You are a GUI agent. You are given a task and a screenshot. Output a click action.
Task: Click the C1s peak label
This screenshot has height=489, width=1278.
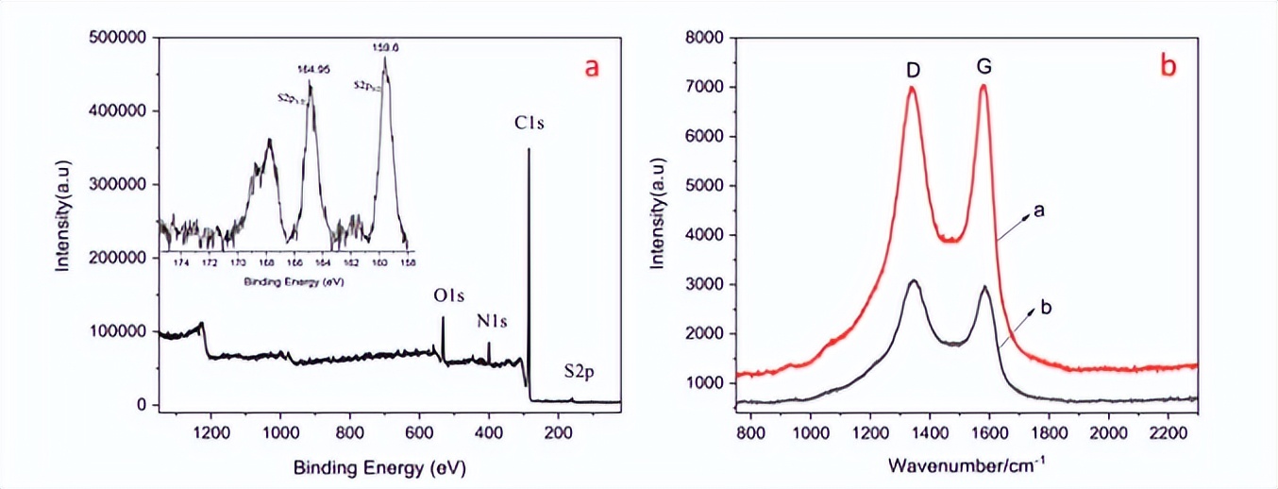(529, 123)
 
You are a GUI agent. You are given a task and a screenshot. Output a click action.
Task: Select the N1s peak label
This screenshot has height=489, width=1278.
(491, 322)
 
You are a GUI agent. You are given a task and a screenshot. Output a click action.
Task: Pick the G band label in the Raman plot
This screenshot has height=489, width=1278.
(984, 68)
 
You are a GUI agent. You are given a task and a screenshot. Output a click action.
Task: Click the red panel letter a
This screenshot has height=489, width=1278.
(592, 68)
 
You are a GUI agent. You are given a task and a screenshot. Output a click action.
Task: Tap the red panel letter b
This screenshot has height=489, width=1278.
(1169, 66)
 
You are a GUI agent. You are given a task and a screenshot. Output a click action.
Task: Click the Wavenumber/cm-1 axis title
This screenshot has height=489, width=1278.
(966, 465)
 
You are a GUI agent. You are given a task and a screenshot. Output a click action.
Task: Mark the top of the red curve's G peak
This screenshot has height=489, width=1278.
(984, 86)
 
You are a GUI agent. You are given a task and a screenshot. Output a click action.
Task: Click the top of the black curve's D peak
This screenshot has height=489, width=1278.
(913, 280)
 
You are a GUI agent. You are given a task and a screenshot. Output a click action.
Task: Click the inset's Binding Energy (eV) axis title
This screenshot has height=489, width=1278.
(285, 281)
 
